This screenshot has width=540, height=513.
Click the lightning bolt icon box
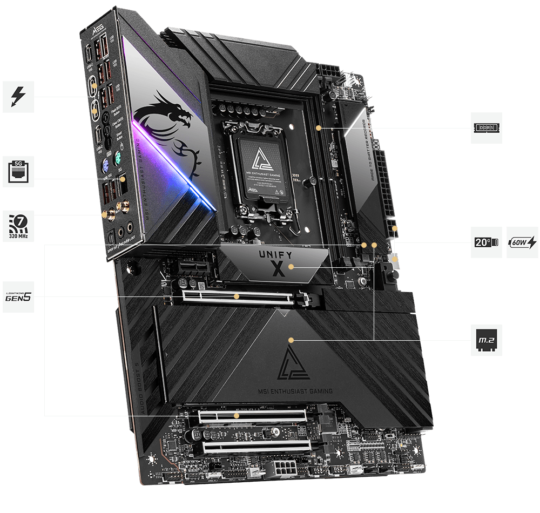[x=18, y=97]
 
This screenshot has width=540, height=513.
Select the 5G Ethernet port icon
[x=18, y=171]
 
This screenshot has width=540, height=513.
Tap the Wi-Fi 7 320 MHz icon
[x=18, y=225]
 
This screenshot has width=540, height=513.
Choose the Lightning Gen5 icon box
[x=18, y=296]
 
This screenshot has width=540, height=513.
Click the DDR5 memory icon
[x=486, y=128]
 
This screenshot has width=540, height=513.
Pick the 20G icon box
[x=486, y=242]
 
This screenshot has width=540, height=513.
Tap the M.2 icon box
[x=486, y=340]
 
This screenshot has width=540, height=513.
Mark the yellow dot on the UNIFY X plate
[x=292, y=267]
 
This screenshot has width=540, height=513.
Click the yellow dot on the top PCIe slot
[x=237, y=296]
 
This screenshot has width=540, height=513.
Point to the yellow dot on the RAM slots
[x=319, y=128]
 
